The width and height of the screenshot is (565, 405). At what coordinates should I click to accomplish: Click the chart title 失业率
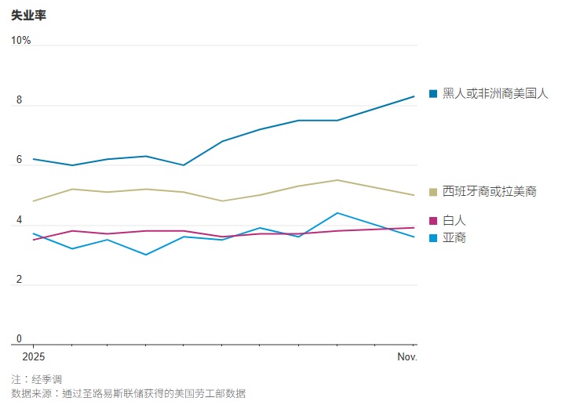tap(28, 14)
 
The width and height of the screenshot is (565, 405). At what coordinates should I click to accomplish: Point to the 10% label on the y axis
tap(21, 40)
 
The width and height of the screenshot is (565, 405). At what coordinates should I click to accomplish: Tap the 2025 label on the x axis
tap(34, 357)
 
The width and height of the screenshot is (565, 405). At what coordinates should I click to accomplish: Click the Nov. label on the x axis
tap(406, 357)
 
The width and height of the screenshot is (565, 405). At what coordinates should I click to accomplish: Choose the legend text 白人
tap(454, 221)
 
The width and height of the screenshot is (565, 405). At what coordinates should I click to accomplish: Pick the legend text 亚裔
tap(454, 237)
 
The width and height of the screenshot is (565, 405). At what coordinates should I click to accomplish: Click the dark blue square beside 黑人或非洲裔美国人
tap(433, 94)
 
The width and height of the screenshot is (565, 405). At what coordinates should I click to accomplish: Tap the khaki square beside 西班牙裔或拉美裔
tap(433, 192)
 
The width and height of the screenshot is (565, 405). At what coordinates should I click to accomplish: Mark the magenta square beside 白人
tap(433, 221)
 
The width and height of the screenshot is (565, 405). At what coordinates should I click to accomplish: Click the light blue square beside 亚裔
tap(433, 237)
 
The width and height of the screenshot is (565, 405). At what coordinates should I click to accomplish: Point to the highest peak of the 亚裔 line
tap(337, 213)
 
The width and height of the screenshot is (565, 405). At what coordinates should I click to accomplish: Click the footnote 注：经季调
tap(37, 379)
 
